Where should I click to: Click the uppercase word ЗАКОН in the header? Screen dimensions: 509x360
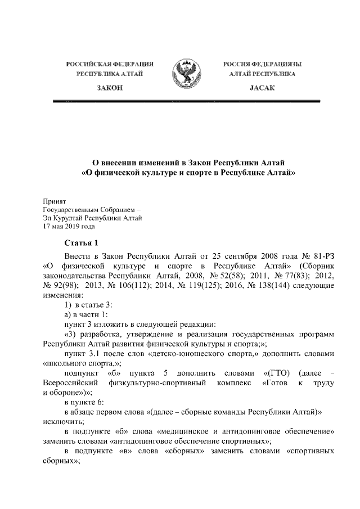click(110, 89)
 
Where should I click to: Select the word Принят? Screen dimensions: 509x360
click(55, 200)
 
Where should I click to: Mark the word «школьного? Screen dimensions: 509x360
click(65, 363)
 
